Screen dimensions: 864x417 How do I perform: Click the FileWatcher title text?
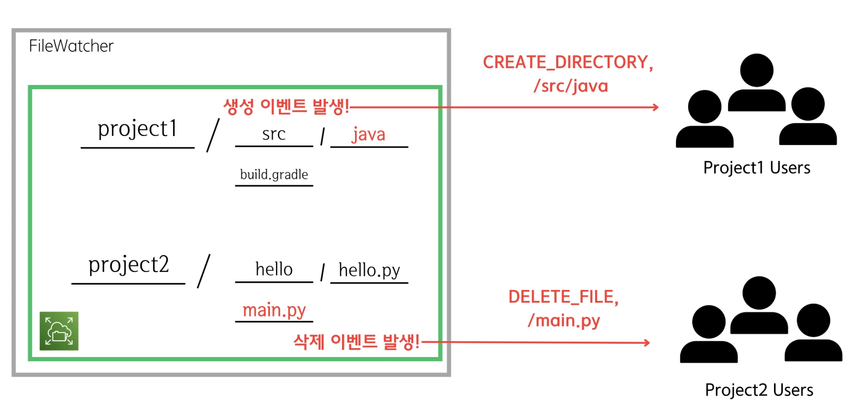[71, 46]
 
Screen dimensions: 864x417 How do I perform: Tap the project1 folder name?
[137, 129]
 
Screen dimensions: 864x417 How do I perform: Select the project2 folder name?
[129, 265]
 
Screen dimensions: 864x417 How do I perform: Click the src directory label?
[274, 134]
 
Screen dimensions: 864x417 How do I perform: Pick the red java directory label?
[369, 135]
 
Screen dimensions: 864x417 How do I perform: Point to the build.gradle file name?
[274, 174]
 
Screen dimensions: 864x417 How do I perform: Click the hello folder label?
[274, 269]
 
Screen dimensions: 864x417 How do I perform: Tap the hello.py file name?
[369, 271]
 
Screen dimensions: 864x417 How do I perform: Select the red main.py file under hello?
[274, 310]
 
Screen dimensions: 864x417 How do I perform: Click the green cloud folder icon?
[59, 331]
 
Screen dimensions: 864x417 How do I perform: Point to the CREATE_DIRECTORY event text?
[568, 63]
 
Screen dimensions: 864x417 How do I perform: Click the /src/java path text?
[571, 86]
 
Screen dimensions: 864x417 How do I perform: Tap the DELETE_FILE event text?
[563, 297]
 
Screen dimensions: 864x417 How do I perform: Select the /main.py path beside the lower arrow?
[564, 321]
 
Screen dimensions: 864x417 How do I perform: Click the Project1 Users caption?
[757, 168]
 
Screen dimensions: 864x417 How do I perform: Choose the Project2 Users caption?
[759, 390]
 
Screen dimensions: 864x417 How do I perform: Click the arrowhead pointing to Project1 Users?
[656, 107]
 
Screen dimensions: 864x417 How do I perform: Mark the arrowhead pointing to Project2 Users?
[647, 343]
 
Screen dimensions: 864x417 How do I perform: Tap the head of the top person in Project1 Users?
[757, 70]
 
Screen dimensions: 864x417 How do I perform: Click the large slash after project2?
[204, 271]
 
